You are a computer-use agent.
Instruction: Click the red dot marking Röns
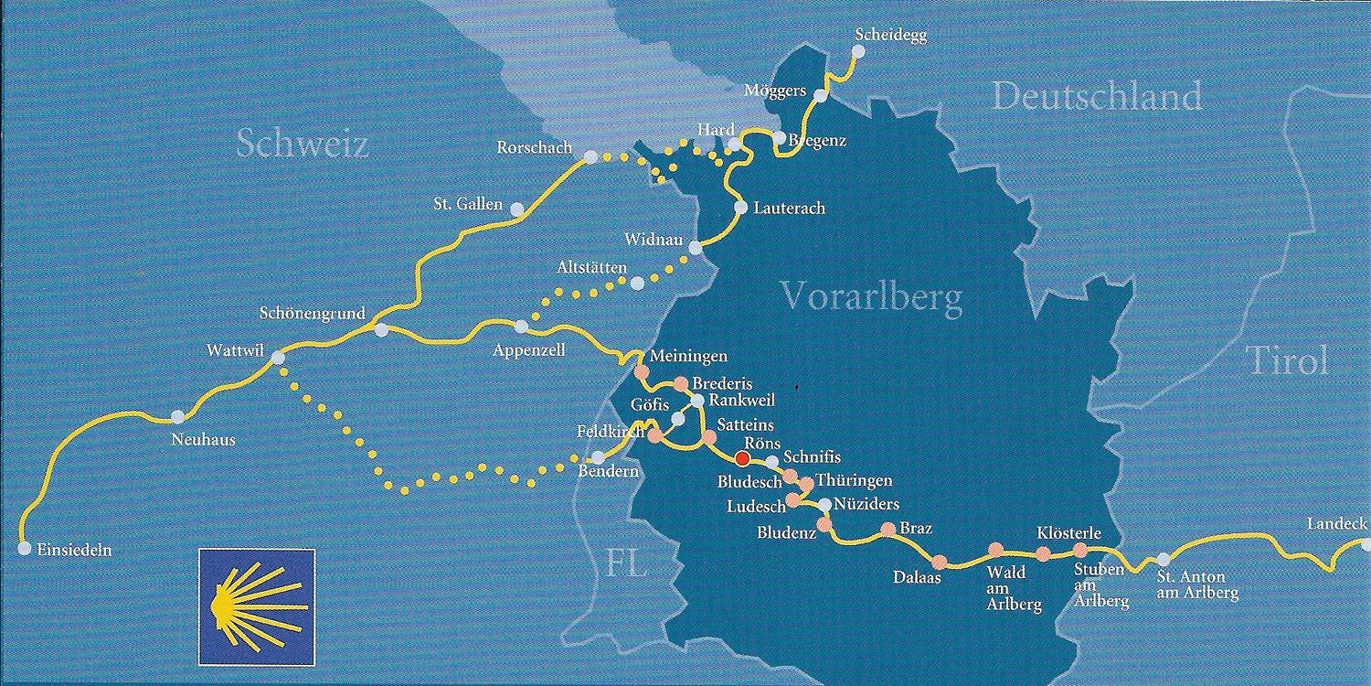[x=743, y=457]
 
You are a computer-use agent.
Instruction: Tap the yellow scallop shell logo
[x=257, y=606]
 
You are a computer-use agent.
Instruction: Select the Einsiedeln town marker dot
[x=24, y=549]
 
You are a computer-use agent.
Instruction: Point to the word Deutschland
[x=1097, y=96]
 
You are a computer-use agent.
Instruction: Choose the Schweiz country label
[x=303, y=144]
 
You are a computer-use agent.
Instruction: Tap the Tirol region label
[x=1287, y=361]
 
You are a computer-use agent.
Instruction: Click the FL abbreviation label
[x=627, y=563]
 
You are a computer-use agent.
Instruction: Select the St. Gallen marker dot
[x=517, y=209]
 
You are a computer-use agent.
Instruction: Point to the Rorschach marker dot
[x=590, y=157]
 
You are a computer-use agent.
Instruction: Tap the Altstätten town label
[x=592, y=268]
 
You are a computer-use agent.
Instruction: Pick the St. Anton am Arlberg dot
[x=1163, y=559]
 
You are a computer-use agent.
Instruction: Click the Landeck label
[x=1336, y=524]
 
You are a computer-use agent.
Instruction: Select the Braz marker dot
[x=887, y=529]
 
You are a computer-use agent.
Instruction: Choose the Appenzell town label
[x=529, y=350]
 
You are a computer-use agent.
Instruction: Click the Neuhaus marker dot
[x=178, y=417]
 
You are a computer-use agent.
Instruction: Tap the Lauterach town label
[x=789, y=209]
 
